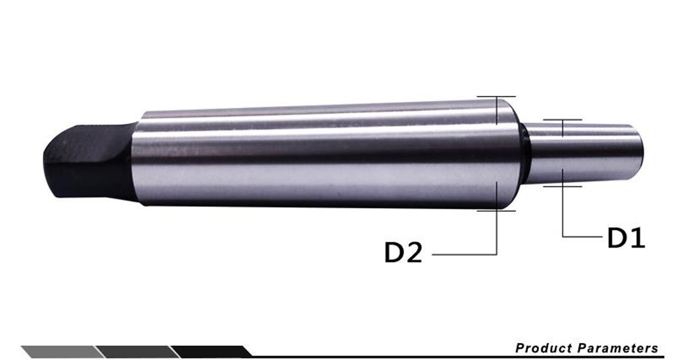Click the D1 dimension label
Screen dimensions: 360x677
(626, 238)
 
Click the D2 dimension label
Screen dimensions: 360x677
(403, 253)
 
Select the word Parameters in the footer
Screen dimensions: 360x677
(618, 348)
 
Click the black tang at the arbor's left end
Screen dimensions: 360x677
(86, 162)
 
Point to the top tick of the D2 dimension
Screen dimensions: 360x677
(496, 97)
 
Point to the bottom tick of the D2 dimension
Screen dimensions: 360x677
(496, 210)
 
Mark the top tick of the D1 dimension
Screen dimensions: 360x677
(563, 120)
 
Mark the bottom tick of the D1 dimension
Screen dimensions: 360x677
(563, 186)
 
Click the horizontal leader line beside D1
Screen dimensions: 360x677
(582, 236)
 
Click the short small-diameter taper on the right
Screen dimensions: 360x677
(585, 153)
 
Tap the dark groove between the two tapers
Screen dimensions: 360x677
(524, 153)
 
